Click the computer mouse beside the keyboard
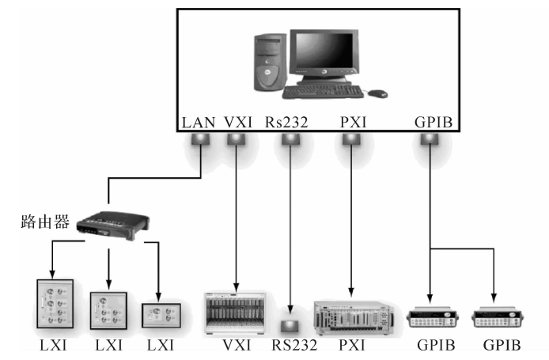pyautogui.click(x=377, y=94)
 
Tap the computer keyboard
pyautogui.click(x=323, y=92)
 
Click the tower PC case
pyautogui.click(x=270, y=63)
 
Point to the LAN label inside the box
pyautogui.click(x=199, y=123)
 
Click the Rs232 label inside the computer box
pyautogui.click(x=286, y=123)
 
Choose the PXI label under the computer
pyautogui.click(x=353, y=123)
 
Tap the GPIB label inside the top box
pyautogui.click(x=434, y=123)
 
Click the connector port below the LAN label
pyautogui.click(x=201, y=139)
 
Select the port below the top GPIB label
pyautogui.click(x=430, y=139)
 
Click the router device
pyautogui.click(x=113, y=225)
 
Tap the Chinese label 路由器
pyautogui.click(x=45, y=222)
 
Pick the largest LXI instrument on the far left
pyautogui.click(x=55, y=304)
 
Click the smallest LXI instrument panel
pyautogui.click(x=161, y=315)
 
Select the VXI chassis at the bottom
pyautogui.click(x=235, y=313)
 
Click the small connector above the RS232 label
pyautogui.click(x=290, y=327)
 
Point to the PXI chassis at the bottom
pyautogui.click(x=354, y=318)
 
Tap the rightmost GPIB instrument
pyautogui.click(x=498, y=317)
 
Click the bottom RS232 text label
pyautogui.click(x=294, y=345)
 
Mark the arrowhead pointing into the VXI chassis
pyautogui.click(x=236, y=287)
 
